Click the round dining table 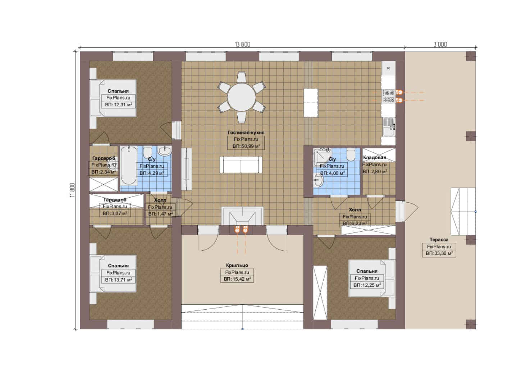point(241,97)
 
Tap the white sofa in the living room point(241,165)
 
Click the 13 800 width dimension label point(242,45)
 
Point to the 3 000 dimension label point(440,45)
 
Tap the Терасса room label point(439,240)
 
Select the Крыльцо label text point(237,265)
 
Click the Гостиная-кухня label point(246,133)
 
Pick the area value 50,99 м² point(246,146)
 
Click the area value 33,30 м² point(439,254)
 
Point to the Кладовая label point(375,157)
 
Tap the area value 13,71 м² point(119,280)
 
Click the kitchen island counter point(311,103)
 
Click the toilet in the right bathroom point(351,155)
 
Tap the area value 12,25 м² point(367,285)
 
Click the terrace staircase point(463,211)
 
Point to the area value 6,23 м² point(355,223)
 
